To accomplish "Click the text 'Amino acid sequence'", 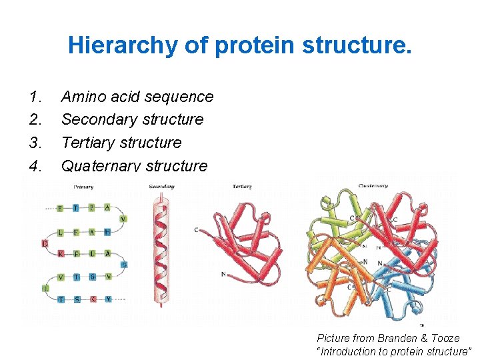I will pyautogui.click(x=137, y=97).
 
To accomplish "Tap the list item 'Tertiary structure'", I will pyautogui.click(x=121, y=143).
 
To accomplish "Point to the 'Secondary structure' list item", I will pyautogui.click(x=132, y=119).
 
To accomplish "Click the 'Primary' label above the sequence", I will pyautogui.click(x=83, y=187).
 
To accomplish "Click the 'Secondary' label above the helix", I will pyautogui.click(x=161, y=187).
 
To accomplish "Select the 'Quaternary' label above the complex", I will pyautogui.click(x=374, y=186).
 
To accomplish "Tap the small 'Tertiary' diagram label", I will pyautogui.click(x=242, y=187).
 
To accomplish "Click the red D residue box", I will pyautogui.click(x=45, y=244).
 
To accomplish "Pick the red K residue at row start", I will pyautogui.click(x=61, y=254).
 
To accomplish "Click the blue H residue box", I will pyautogui.click(x=107, y=232).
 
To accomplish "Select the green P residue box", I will pyautogui.click(x=92, y=208).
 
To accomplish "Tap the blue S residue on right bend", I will pyautogui.click(x=124, y=265).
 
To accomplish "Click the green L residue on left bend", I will pyautogui.click(x=45, y=288).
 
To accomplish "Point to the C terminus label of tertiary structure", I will pyautogui.click(x=196, y=231).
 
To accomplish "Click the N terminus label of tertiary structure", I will pyautogui.click(x=223, y=274).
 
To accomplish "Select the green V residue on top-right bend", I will pyautogui.click(x=123, y=219).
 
